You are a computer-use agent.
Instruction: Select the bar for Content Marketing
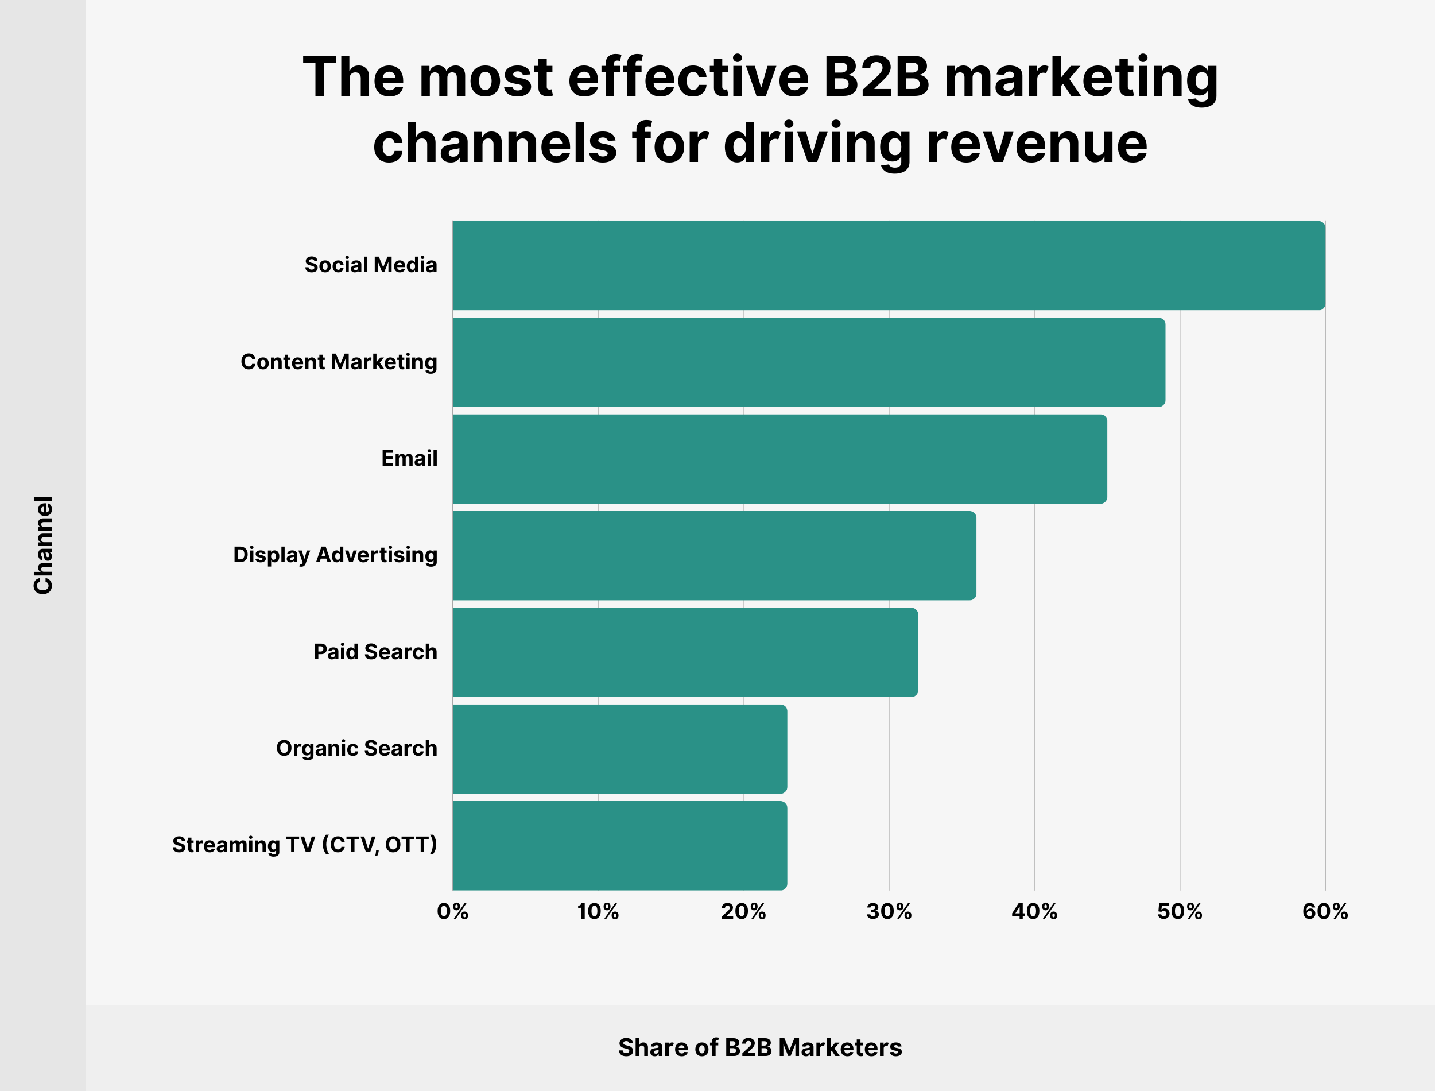(x=808, y=362)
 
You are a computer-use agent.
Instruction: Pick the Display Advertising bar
(x=714, y=555)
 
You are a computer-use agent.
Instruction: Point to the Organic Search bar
(x=620, y=749)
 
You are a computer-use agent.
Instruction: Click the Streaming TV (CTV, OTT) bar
(x=620, y=845)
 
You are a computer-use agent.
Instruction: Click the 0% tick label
(x=452, y=912)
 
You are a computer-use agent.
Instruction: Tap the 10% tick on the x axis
(x=598, y=912)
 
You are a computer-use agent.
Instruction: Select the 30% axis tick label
(x=889, y=912)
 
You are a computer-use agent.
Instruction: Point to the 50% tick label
(x=1180, y=912)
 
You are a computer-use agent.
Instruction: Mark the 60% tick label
(x=1325, y=912)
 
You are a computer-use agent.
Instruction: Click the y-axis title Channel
(x=43, y=545)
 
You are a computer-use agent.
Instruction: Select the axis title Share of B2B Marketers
(x=759, y=1047)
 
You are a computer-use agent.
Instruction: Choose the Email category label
(x=409, y=458)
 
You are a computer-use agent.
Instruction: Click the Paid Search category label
(x=375, y=652)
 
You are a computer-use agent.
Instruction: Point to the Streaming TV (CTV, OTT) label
(x=304, y=845)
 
